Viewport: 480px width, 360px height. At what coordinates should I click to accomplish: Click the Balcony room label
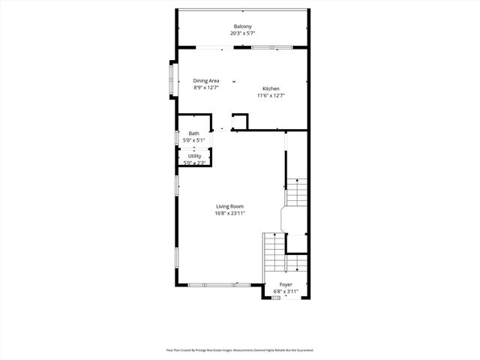click(241, 27)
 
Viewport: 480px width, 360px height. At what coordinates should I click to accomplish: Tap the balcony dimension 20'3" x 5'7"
click(241, 34)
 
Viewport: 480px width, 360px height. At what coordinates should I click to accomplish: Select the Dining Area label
click(205, 80)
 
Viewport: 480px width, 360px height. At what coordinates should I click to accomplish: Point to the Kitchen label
click(271, 88)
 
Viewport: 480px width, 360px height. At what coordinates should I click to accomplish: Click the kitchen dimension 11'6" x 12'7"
click(271, 95)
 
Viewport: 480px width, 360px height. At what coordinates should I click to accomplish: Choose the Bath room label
click(193, 133)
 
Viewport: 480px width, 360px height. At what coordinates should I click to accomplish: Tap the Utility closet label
click(194, 156)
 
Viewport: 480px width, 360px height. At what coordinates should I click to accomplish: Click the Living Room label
click(229, 206)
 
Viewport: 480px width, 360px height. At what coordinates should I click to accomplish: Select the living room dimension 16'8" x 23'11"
click(229, 213)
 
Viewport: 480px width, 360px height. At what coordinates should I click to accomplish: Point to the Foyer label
click(286, 285)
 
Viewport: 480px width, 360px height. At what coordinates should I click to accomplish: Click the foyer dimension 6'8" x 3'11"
click(286, 292)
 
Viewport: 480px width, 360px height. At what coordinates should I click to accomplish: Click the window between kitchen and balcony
click(271, 48)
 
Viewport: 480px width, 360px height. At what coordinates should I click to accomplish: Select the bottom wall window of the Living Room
click(218, 285)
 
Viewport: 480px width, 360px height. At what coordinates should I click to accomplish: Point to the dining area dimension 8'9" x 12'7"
click(205, 87)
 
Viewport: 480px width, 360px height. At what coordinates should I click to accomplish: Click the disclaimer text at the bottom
click(240, 349)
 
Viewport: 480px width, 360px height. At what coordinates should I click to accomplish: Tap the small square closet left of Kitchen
click(240, 121)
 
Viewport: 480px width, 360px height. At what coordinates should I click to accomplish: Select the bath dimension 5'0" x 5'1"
click(193, 140)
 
